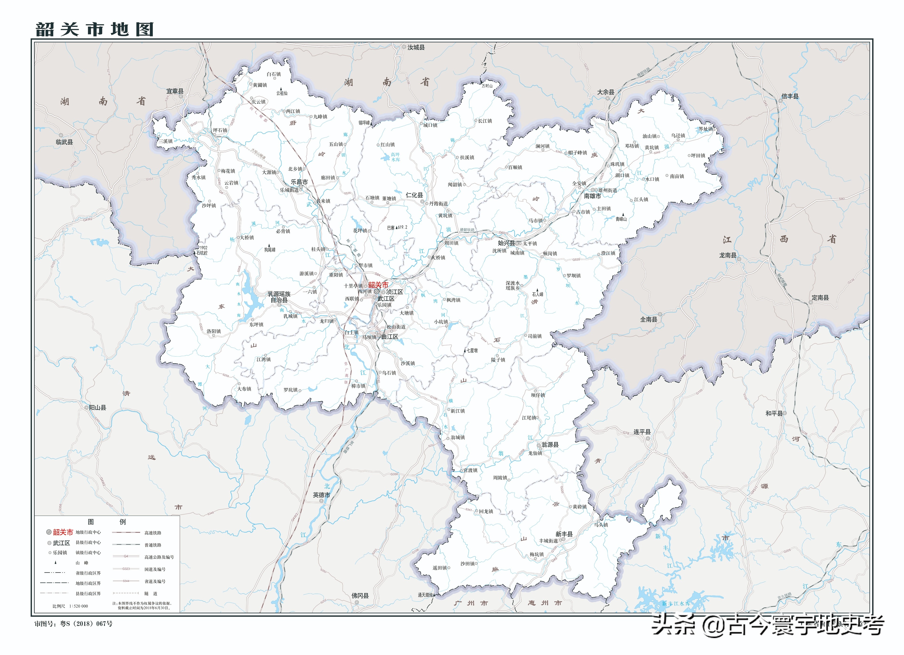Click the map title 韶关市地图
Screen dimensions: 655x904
pyautogui.click(x=95, y=29)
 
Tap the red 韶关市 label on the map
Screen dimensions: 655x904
pyautogui.click(x=378, y=284)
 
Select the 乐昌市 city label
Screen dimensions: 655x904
pyautogui.click(x=299, y=182)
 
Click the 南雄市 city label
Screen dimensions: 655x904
pyautogui.click(x=592, y=196)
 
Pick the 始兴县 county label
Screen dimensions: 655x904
pyautogui.click(x=506, y=243)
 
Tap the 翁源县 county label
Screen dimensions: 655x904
pyautogui.click(x=550, y=444)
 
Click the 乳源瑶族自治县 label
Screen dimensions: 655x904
pyautogui.click(x=279, y=297)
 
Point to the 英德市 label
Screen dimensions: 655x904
pyautogui.click(x=321, y=495)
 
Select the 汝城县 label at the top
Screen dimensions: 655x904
pyautogui.click(x=416, y=47)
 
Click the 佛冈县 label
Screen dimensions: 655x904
pyautogui.click(x=360, y=595)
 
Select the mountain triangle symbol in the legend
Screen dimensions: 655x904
pyautogui.click(x=55, y=562)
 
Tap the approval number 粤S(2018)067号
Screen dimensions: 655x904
pyautogui.click(x=86, y=623)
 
